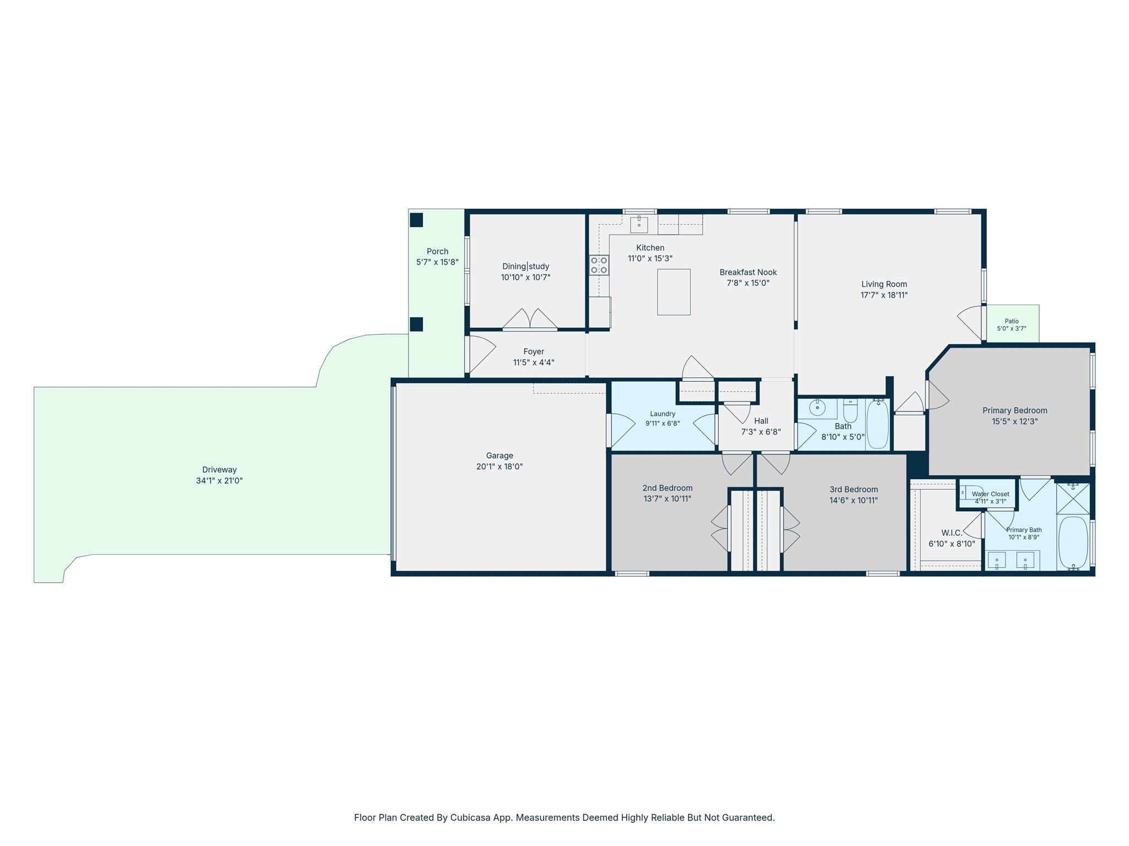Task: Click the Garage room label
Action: coord(499,455)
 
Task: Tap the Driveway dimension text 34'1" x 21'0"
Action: coord(219,481)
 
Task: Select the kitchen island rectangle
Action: coord(674,292)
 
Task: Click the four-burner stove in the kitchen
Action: coord(599,265)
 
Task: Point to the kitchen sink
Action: coord(639,225)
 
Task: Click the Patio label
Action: coord(1012,321)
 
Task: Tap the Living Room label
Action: coord(884,284)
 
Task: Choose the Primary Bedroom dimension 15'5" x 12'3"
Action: coord(1015,421)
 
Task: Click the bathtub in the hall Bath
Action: coord(878,424)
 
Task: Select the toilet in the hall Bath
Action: coord(850,410)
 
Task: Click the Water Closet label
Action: coord(991,494)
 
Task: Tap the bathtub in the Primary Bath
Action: coord(1073,543)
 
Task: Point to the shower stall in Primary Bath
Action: coord(1073,499)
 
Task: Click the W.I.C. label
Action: coord(951,533)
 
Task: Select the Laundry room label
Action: coord(663,414)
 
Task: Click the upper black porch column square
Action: coord(416,220)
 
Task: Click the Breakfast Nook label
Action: coord(748,272)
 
